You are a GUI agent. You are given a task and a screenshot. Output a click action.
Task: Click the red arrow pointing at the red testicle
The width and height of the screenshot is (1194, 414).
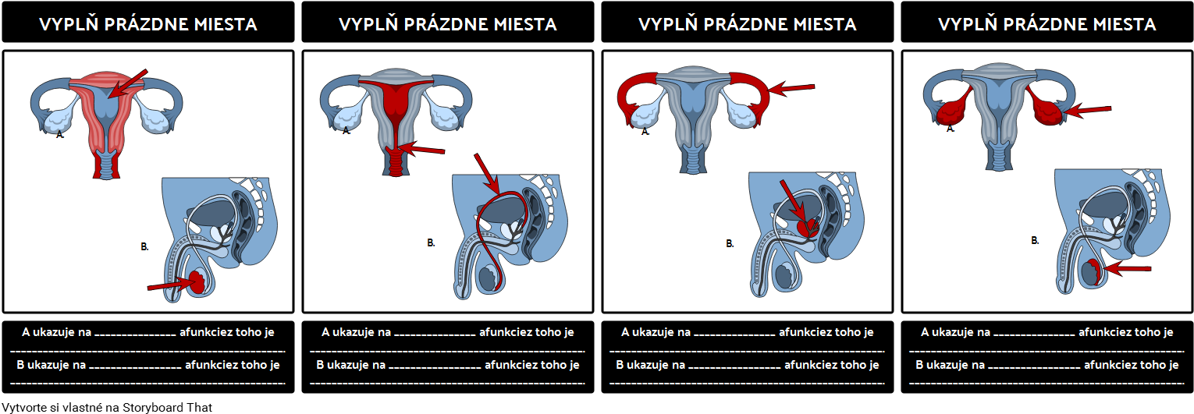165,286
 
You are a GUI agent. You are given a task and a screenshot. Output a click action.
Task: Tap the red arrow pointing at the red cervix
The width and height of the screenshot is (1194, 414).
425,148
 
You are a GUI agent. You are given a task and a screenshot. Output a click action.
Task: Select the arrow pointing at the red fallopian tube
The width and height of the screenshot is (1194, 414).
792,88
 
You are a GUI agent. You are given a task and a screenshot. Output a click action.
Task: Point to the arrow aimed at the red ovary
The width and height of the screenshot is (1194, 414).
1088,111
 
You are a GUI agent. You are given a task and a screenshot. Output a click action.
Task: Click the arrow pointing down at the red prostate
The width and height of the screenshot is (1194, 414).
791,198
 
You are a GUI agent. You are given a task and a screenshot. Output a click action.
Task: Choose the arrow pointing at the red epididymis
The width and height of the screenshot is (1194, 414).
1127,270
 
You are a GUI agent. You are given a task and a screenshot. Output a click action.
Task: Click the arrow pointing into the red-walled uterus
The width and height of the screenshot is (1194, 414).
129,81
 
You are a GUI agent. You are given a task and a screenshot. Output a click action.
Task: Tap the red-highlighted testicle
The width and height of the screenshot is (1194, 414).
195,281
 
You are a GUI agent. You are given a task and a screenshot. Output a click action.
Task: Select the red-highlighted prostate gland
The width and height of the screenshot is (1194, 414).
808,228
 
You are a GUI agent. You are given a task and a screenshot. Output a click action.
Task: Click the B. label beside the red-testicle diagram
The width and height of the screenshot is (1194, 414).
144,246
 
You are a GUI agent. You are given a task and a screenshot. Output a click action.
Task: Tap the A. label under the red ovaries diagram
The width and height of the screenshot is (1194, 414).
951,129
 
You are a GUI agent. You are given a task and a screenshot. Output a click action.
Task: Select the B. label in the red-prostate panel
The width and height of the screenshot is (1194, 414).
730,243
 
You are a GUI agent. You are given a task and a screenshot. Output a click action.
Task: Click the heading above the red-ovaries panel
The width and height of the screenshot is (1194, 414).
1047,24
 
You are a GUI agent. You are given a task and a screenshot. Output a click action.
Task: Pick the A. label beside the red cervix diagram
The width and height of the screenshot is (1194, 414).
346,131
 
